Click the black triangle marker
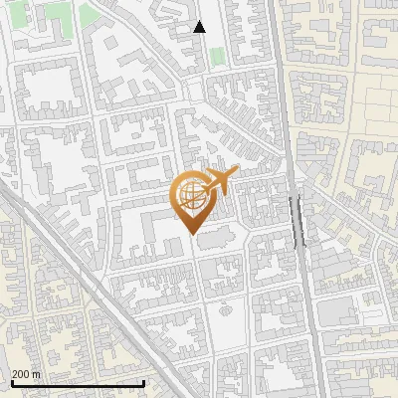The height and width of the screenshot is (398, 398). click(x=199, y=27)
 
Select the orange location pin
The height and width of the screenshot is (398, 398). click(x=192, y=200)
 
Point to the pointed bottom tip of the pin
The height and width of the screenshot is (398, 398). click(x=192, y=234)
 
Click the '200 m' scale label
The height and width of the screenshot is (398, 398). click(x=26, y=374)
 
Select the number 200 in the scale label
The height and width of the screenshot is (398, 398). click(x=21, y=374)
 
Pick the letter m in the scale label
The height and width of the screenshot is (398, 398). click(x=37, y=374)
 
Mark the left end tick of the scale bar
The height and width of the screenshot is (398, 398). click(x=11, y=382)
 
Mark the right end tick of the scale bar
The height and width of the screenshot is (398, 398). click(x=144, y=382)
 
